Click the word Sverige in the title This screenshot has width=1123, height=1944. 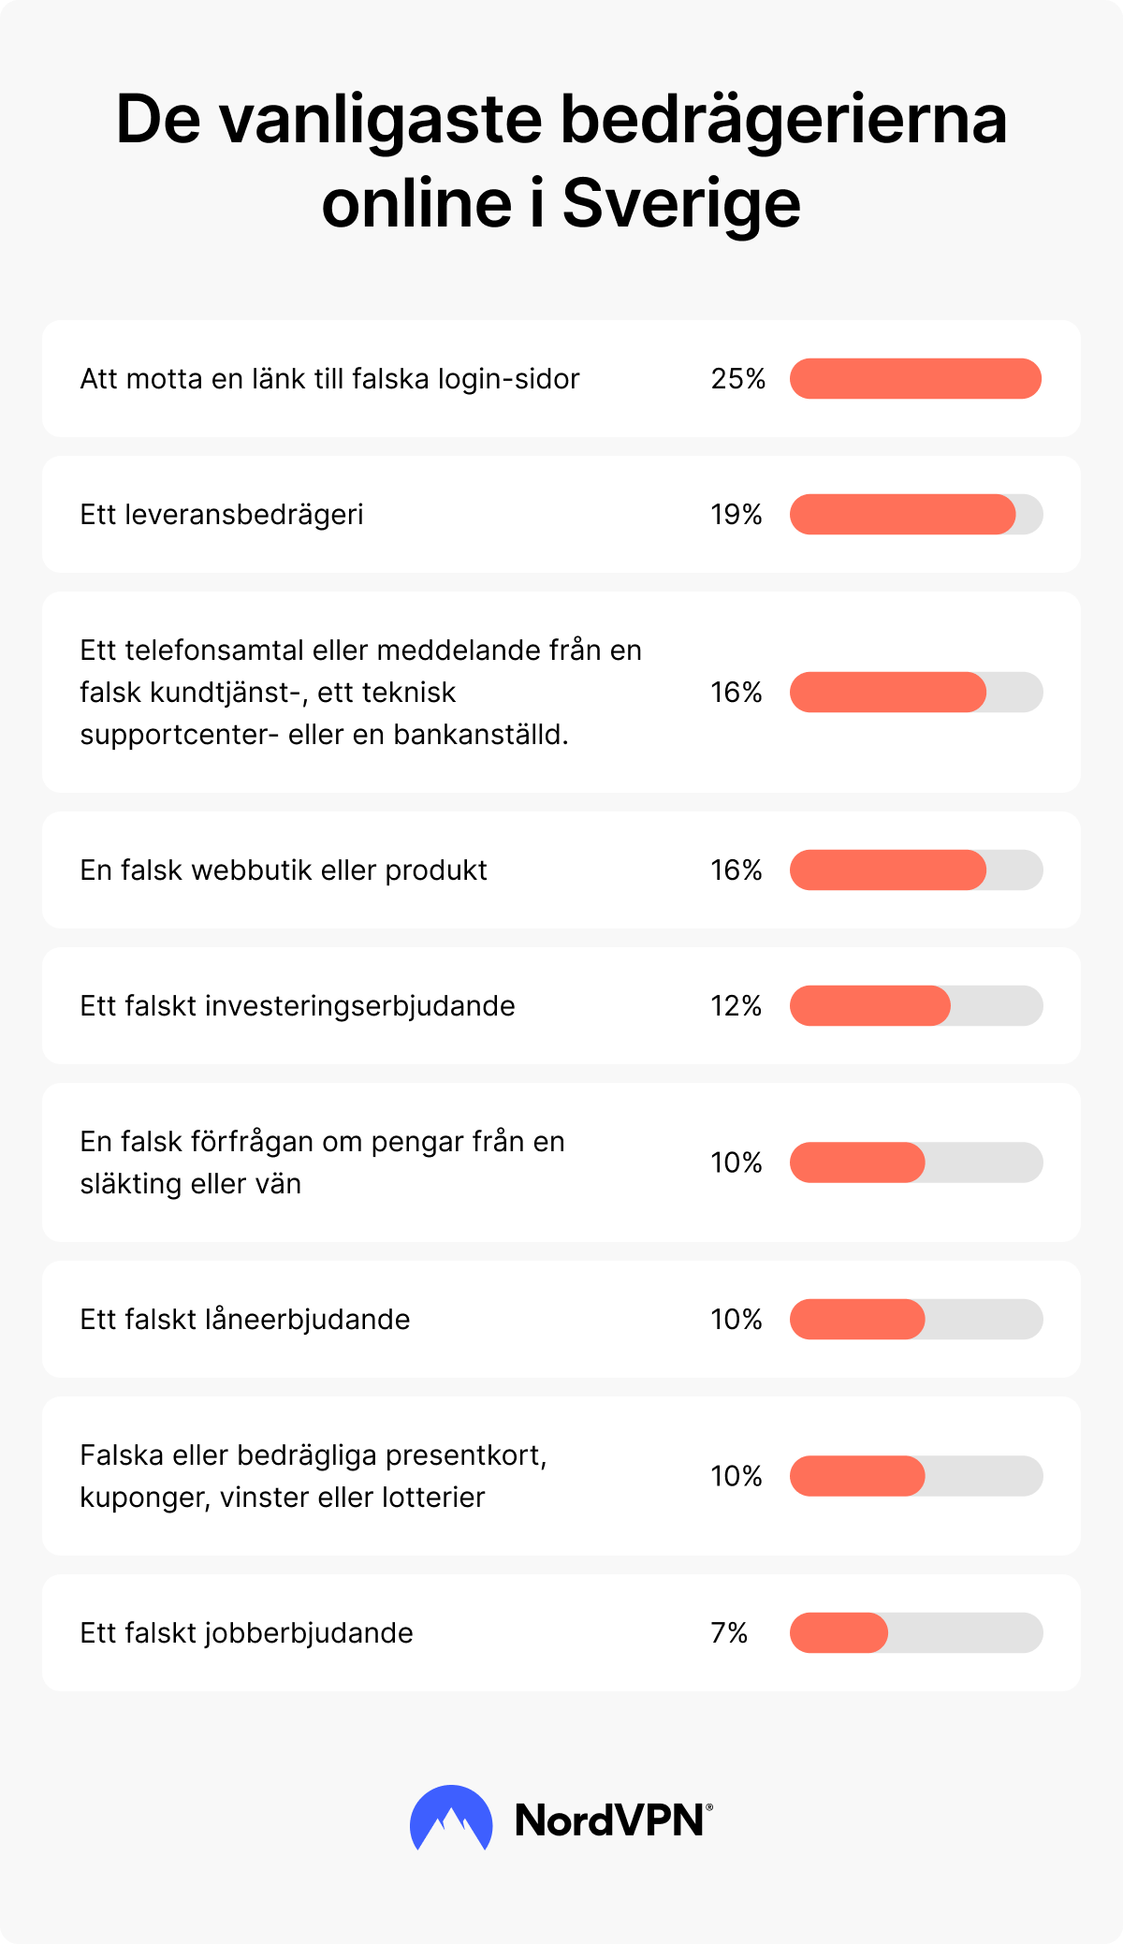click(681, 204)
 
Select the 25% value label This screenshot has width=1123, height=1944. click(737, 379)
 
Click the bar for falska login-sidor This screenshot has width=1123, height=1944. click(915, 379)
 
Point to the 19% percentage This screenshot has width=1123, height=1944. click(737, 515)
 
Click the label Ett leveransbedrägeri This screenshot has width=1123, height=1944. click(222, 515)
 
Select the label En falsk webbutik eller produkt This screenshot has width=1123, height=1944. click(284, 870)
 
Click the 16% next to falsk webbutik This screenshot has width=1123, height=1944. click(737, 870)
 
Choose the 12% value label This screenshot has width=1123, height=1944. click(737, 1006)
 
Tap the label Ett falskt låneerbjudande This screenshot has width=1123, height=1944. click(245, 1320)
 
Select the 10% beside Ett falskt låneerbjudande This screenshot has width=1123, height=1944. click(737, 1320)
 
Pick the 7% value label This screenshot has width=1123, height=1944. click(729, 1633)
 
